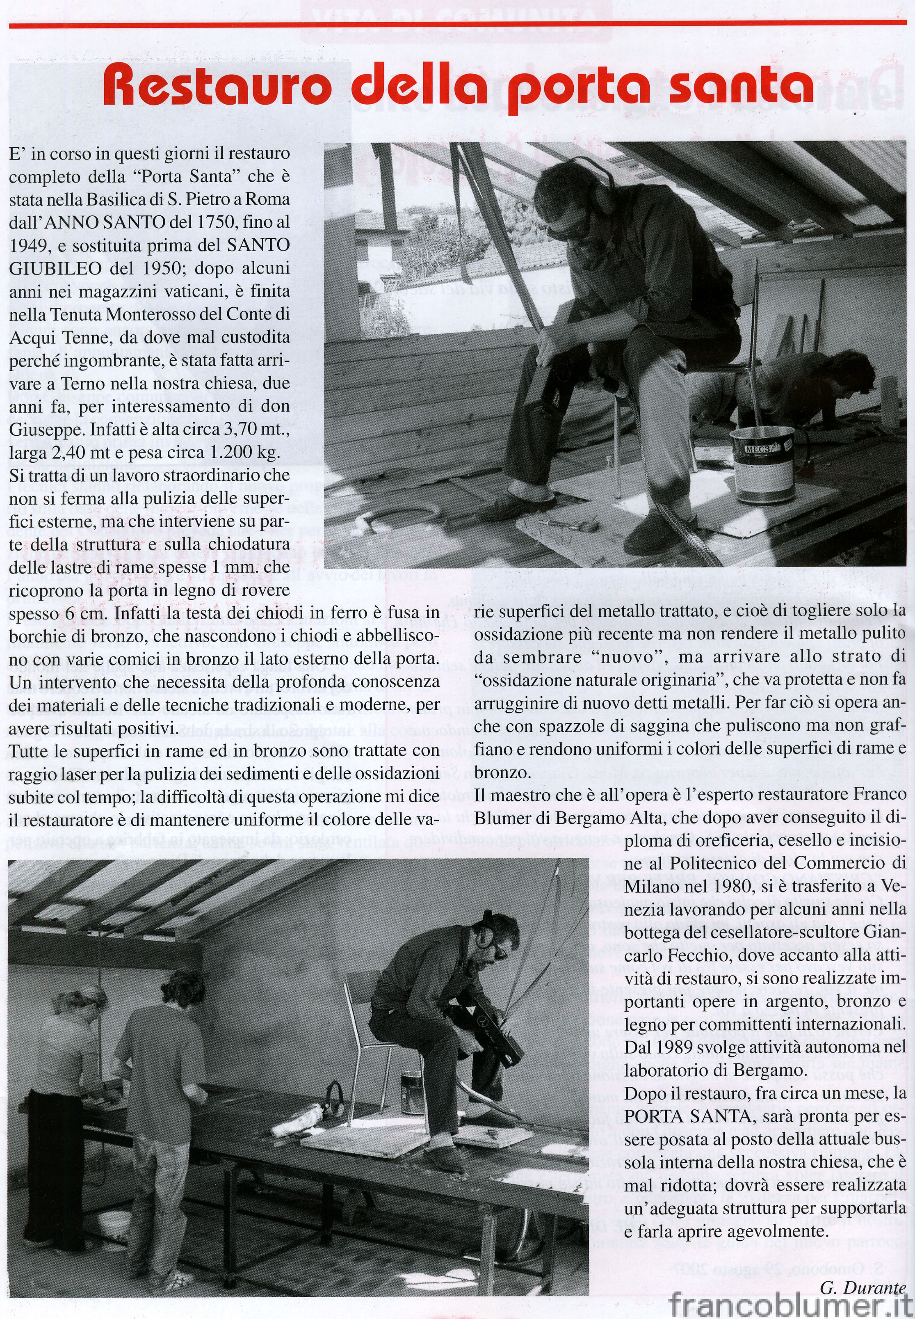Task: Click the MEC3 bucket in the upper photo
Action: click(762, 464)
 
